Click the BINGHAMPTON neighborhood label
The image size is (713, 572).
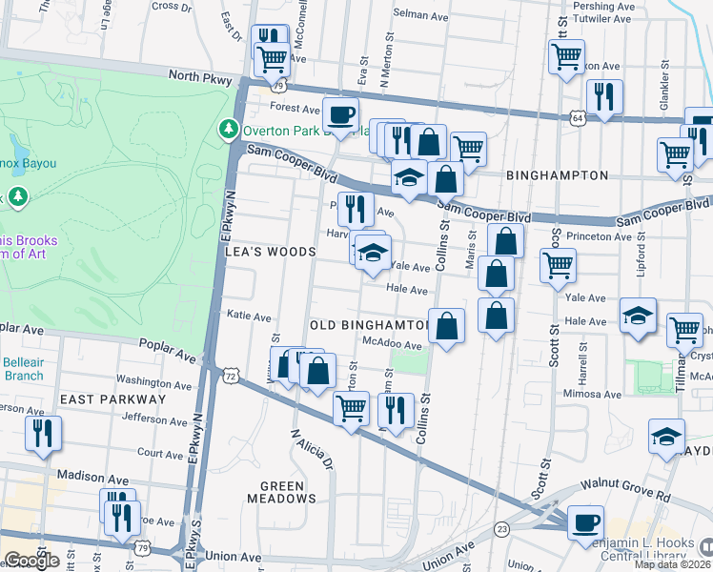point(558,175)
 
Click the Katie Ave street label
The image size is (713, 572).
point(249,316)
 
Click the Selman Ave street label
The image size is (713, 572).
point(421,14)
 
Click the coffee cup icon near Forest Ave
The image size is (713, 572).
point(341,115)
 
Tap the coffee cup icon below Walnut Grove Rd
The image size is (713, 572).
point(585,522)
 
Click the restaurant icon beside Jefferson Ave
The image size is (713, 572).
point(43,433)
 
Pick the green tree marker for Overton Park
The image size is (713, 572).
point(228,129)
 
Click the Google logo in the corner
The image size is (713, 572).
point(31,561)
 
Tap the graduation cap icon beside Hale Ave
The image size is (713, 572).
point(638,317)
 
